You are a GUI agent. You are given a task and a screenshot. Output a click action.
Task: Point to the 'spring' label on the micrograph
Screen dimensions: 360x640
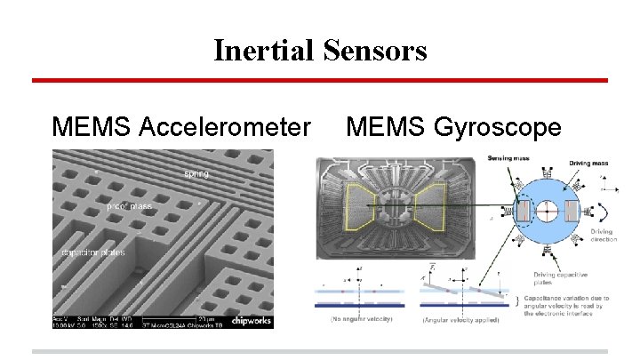coord(196,173)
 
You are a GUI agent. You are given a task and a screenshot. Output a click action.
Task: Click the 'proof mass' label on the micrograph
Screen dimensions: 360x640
coord(128,206)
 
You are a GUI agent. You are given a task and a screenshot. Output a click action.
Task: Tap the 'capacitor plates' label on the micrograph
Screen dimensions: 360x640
coord(93,252)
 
